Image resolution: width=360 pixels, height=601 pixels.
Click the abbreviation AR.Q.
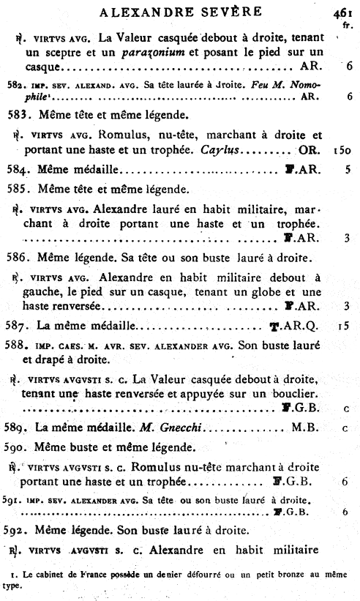(300, 324)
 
